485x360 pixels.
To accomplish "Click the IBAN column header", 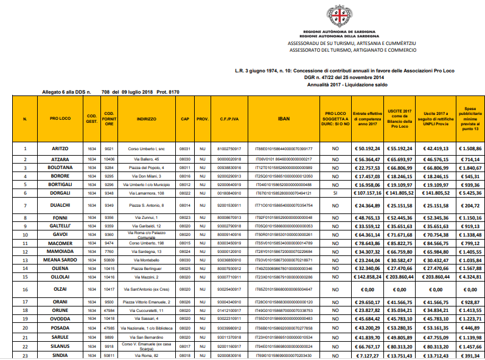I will pyautogui.click(x=283, y=119).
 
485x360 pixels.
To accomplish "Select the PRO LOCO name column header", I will pyautogui.click(x=58, y=119).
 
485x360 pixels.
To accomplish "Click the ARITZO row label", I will pyautogui.click(x=58, y=148).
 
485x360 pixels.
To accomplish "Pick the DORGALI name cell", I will pyautogui.click(x=58, y=193).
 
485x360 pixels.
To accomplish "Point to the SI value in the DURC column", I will pyautogui.click(x=335, y=193).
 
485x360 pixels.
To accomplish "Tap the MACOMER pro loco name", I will pyautogui.click(x=58, y=243).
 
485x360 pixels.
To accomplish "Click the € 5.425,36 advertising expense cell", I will pyautogui.click(x=469, y=193).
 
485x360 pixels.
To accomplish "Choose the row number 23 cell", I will pyautogui.click(x=25, y=355).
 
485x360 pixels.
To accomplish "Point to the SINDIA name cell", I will pyautogui.click(x=58, y=355).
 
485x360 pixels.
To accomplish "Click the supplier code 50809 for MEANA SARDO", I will pyautogui.click(x=110, y=260).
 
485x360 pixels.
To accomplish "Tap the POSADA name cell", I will pyautogui.click(x=58, y=327).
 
